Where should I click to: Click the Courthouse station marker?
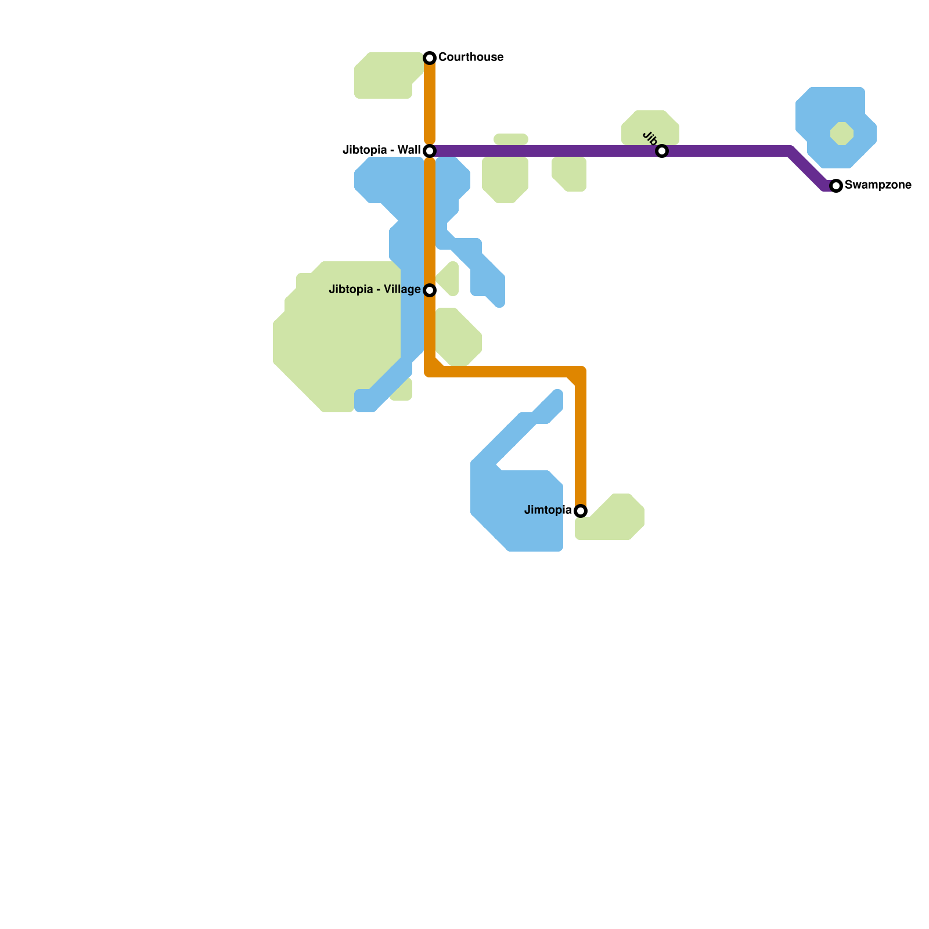click(x=430, y=57)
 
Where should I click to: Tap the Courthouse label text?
click(x=470, y=57)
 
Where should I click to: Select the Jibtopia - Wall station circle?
click(x=430, y=151)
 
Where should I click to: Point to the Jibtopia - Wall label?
click(x=381, y=150)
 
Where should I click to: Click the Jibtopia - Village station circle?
click(x=430, y=290)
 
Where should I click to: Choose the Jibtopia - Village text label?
click(x=375, y=289)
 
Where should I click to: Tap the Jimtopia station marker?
click(x=581, y=511)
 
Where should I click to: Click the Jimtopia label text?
click(x=548, y=510)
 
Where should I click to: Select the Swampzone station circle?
click(x=836, y=186)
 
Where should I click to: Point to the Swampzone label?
click(x=878, y=185)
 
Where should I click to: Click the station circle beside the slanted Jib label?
click(x=662, y=151)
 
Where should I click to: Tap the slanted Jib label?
click(x=650, y=139)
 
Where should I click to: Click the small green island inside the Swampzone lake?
click(x=842, y=134)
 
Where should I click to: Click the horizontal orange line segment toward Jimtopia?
click(x=505, y=372)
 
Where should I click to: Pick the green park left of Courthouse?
click(x=385, y=75)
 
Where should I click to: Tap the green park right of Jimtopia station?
click(x=615, y=520)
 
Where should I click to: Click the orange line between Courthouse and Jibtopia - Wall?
click(x=430, y=105)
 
